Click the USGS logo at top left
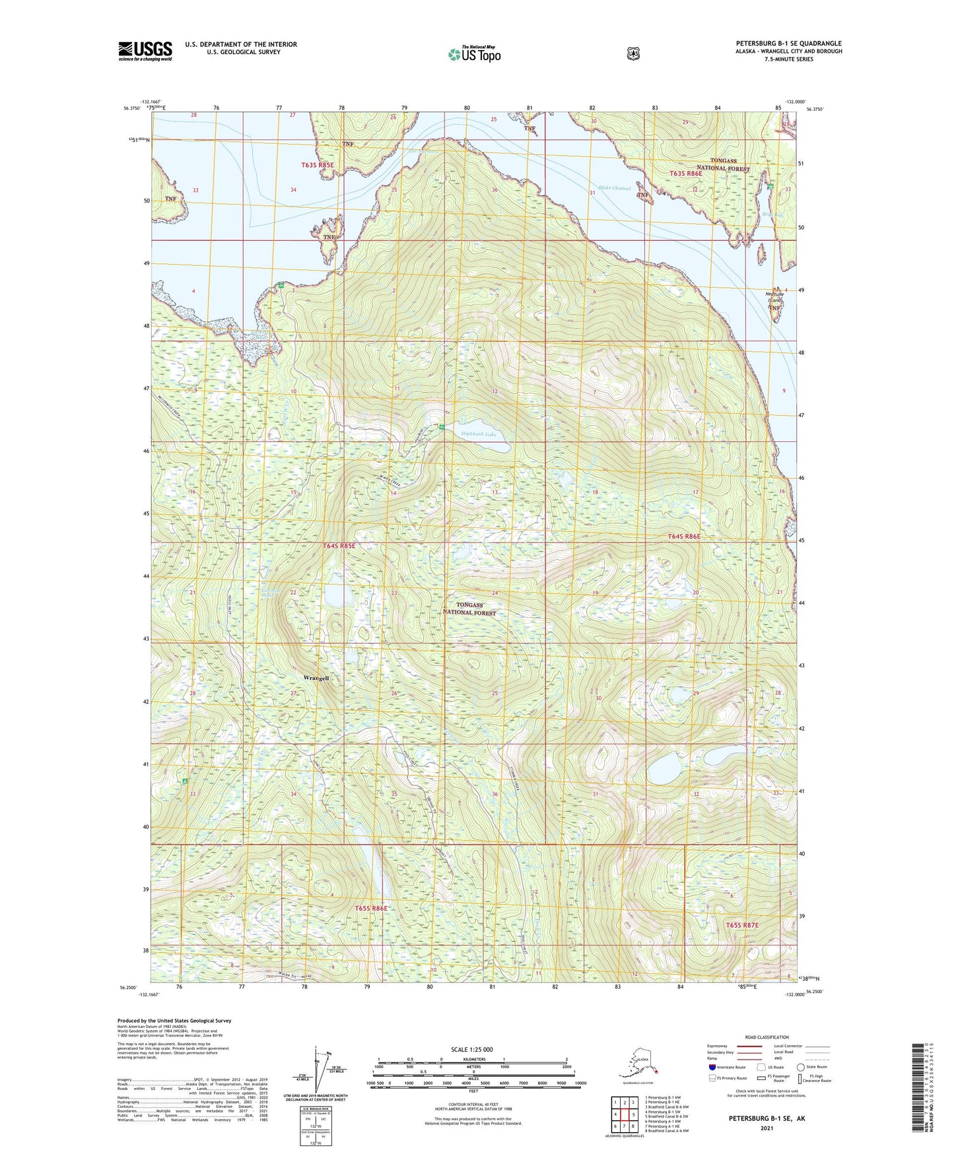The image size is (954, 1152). click(x=145, y=51)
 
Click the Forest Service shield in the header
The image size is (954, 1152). click(x=632, y=53)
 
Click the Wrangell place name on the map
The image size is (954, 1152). click(x=315, y=678)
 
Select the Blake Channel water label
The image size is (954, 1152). click(x=613, y=188)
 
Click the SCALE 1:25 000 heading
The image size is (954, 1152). click(x=471, y=1049)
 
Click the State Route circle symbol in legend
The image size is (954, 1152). click(x=800, y=1067)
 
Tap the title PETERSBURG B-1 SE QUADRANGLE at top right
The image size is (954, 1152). click(x=788, y=44)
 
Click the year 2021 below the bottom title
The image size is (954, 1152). click(x=766, y=1128)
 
